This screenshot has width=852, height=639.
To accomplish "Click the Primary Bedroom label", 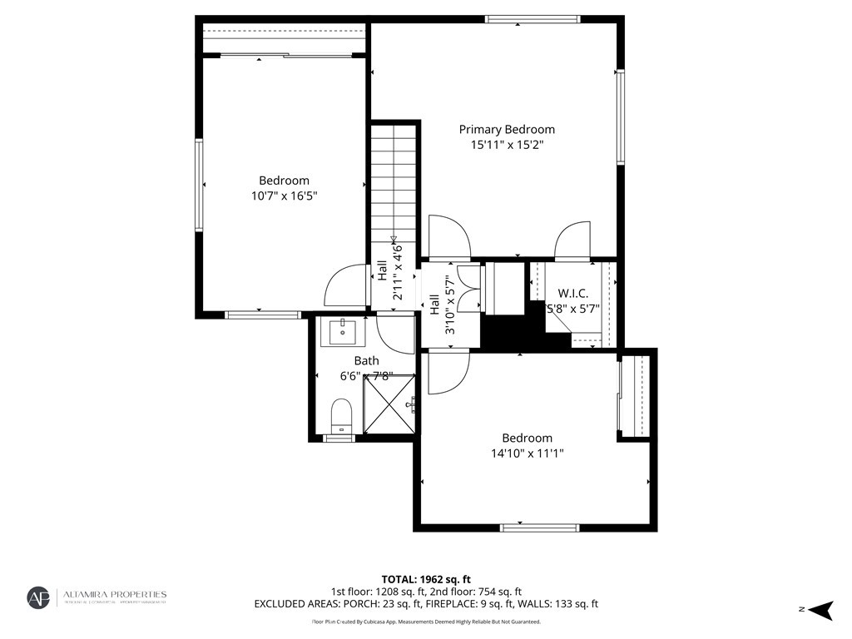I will click(x=507, y=129).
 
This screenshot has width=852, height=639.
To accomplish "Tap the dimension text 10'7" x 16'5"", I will click(x=284, y=196).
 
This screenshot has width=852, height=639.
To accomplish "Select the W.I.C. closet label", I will click(x=572, y=293).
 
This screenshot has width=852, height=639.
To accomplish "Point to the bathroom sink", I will click(x=342, y=332).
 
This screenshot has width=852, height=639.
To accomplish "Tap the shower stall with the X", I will click(x=389, y=404).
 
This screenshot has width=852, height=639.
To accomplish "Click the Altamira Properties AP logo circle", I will click(x=38, y=598).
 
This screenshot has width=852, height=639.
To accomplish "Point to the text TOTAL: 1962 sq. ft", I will click(x=426, y=579).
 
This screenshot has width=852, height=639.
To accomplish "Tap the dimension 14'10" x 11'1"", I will click(x=527, y=453).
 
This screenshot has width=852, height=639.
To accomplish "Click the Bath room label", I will click(x=366, y=360).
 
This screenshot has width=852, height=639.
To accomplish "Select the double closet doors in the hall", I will click(x=469, y=288).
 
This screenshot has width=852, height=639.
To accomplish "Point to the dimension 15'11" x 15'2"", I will click(x=507, y=145).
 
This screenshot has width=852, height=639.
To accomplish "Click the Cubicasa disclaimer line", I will click(x=426, y=622).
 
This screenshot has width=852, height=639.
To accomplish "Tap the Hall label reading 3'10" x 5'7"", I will click(x=442, y=304).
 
